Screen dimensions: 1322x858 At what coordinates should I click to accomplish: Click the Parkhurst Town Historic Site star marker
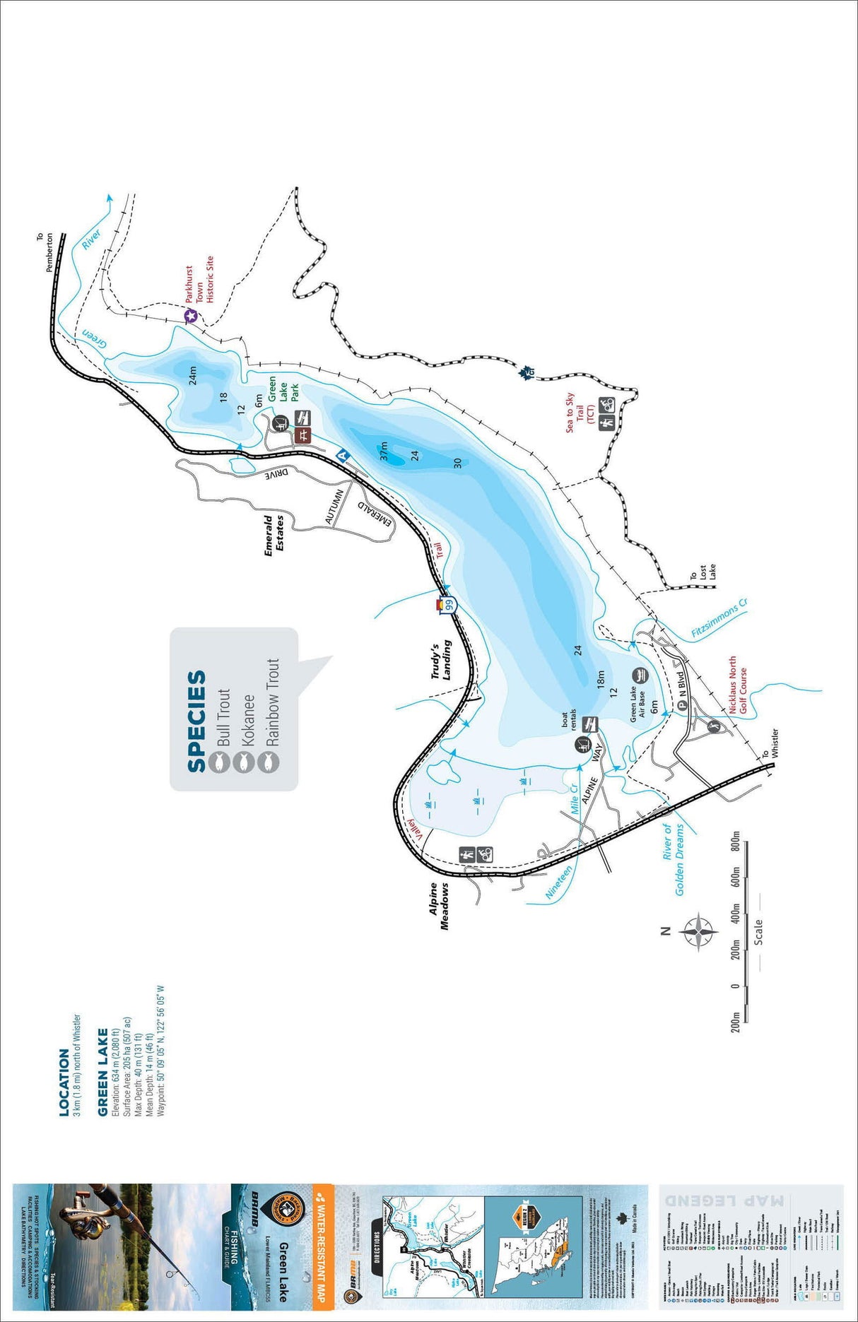(x=190, y=317)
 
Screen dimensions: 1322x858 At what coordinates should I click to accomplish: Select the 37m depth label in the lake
(x=384, y=451)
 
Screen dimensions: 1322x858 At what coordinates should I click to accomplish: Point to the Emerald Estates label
(x=274, y=535)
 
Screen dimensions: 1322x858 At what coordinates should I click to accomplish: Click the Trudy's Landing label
(x=441, y=661)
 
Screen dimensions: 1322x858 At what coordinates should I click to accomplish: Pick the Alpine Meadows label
(x=440, y=906)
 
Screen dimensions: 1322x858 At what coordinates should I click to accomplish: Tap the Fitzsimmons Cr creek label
(x=719, y=620)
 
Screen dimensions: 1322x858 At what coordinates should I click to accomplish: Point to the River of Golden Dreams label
(x=673, y=859)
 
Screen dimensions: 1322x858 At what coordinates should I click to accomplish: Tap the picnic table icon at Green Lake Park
(x=303, y=435)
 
